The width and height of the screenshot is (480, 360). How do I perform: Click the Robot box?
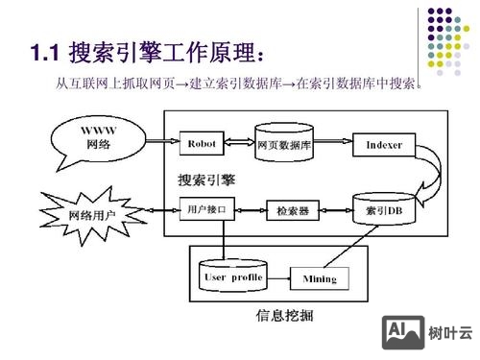click(x=202, y=144)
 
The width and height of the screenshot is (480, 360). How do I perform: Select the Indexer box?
click(x=384, y=145)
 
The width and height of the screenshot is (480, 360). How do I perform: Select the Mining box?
click(x=320, y=278)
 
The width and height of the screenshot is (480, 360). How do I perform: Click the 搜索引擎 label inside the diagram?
click(x=205, y=180)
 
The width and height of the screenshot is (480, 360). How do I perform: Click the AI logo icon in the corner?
click(x=402, y=331)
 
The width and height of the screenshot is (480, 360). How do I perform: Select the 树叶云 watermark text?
click(x=451, y=332)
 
